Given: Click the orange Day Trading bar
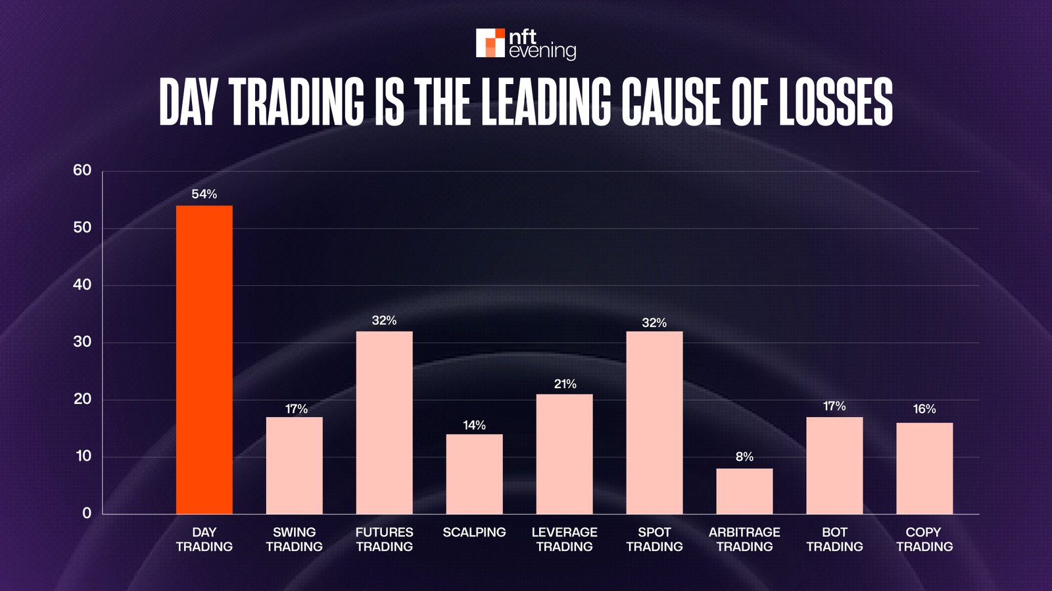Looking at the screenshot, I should (204, 360).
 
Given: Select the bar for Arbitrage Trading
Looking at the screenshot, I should (744, 491).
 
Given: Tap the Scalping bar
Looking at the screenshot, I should (474, 474).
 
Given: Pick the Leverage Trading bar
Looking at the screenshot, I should (564, 454).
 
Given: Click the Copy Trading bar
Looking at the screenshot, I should (924, 468).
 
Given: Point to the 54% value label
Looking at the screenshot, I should (204, 194).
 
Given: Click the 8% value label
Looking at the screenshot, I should (744, 457).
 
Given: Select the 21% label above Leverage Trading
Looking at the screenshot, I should (565, 384).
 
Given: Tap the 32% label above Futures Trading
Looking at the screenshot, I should (384, 320).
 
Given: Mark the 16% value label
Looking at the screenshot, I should (924, 409).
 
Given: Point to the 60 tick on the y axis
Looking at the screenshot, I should (82, 171).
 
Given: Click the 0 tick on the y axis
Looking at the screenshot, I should (87, 514).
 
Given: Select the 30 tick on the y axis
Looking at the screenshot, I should (82, 342).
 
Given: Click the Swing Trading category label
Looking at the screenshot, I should (294, 539).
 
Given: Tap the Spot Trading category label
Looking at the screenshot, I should (654, 539).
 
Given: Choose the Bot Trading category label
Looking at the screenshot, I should (834, 539).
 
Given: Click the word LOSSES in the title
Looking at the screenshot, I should (836, 102).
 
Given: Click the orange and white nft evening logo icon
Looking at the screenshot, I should (490, 43).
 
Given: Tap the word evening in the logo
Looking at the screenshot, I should (542, 51).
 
